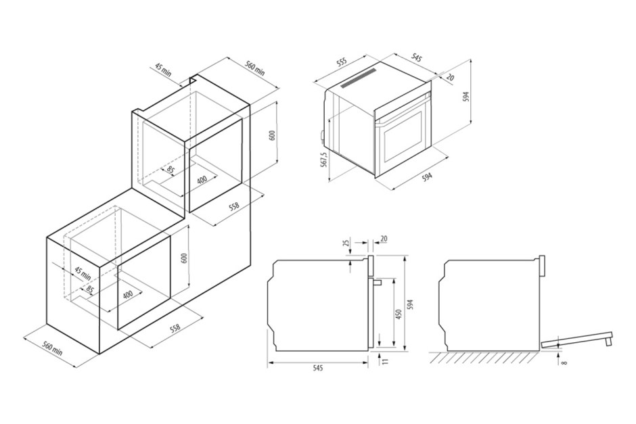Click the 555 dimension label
click(342, 62)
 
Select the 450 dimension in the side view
click(399, 314)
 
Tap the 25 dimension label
click(346, 243)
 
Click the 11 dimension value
click(385, 360)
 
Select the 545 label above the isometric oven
click(417, 57)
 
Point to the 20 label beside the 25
click(384, 239)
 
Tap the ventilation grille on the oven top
click(358, 78)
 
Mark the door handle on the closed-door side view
click(378, 282)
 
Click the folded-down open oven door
click(576, 339)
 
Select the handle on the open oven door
click(608, 339)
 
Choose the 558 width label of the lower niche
click(175, 328)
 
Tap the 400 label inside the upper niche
click(202, 179)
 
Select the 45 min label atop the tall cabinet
click(163, 70)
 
